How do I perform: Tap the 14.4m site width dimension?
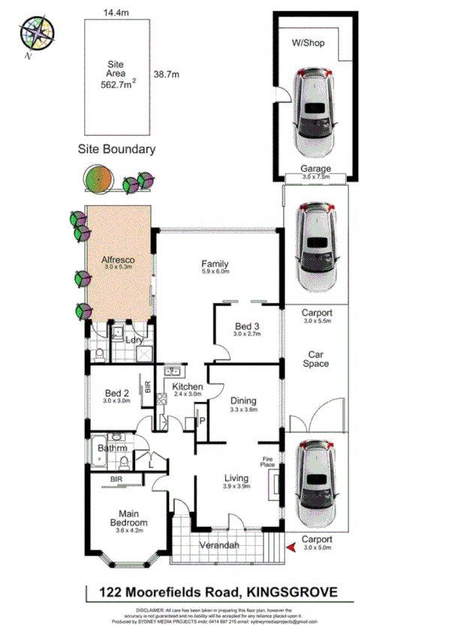117,13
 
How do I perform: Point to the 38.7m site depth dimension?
167,74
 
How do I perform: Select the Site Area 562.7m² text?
118,75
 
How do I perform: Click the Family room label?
215,264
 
